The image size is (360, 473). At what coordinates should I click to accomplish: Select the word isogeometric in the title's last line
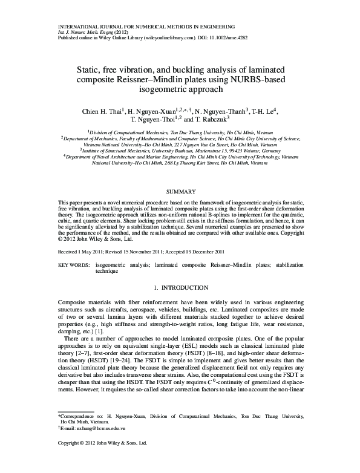tap(162, 91)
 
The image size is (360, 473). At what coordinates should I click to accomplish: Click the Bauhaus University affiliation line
tap(180, 151)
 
